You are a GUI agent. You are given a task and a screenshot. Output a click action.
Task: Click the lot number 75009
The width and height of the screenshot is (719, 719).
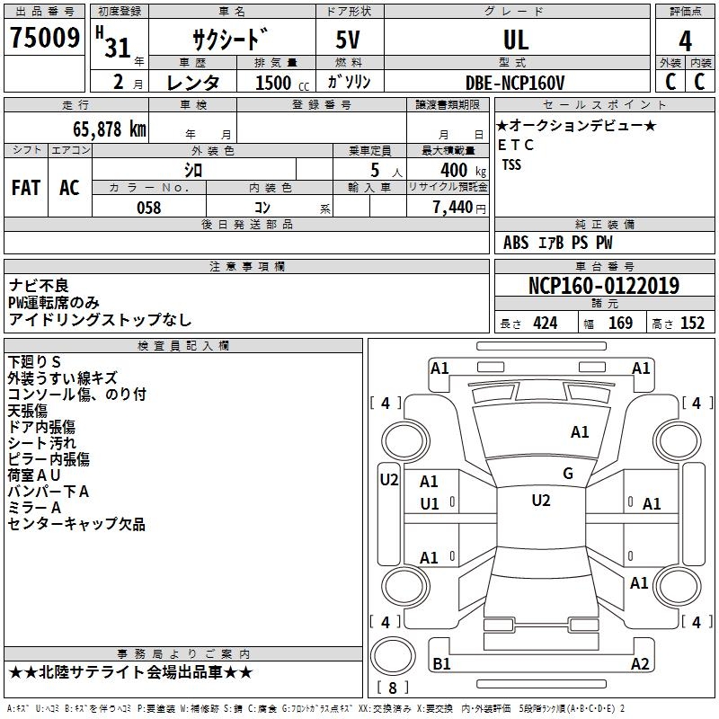[x=45, y=40]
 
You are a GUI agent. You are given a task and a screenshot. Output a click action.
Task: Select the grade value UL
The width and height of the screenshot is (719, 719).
[x=516, y=40]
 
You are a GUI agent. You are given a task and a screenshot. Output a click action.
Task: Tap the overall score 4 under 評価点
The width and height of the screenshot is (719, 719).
[x=685, y=40]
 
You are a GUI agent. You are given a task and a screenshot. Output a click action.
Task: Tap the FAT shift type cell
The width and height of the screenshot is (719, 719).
[x=26, y=188]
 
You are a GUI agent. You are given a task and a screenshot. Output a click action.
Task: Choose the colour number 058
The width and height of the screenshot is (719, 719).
[x=148, y=208]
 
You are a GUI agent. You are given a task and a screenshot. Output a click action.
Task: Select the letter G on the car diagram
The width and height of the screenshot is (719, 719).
[x=568, y=474]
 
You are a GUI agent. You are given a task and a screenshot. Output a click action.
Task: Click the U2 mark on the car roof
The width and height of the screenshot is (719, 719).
[x=540, y=501]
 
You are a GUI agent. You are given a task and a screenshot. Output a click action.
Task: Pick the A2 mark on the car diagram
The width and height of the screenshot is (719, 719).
[x=640, y=664]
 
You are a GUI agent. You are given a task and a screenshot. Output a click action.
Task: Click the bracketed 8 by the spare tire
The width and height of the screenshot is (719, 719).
[x=392, y=688]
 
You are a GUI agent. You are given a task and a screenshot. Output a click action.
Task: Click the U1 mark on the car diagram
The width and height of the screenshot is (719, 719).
[x=430, y=503]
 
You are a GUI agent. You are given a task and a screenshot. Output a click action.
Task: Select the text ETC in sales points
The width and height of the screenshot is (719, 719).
[x=516, y=145]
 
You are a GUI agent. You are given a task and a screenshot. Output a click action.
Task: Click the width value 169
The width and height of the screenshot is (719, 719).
[x=620, y=324]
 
